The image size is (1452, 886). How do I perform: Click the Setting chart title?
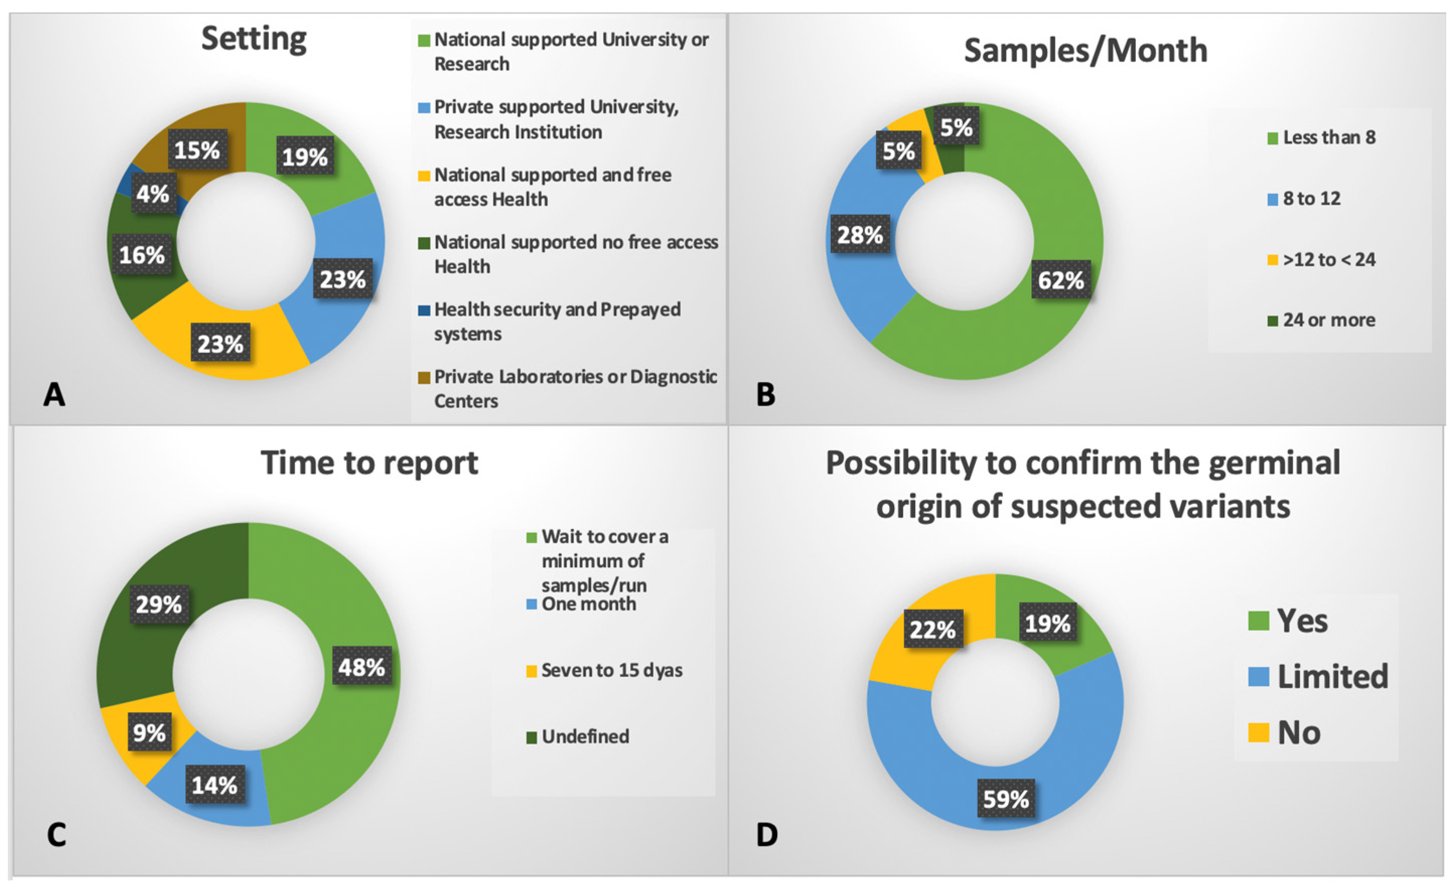click(254, 39)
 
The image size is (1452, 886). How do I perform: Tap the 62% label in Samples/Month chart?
click(1060, 280)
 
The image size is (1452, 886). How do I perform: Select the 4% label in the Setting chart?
click(153, 193)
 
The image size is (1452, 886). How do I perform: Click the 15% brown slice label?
click(197, 150)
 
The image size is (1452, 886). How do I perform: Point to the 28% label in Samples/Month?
click(860, 235)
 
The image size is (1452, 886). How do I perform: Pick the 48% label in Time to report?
click(361, 667)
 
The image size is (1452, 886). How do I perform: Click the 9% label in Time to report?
click(149, 733)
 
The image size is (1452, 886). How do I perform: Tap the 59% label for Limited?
click(1005, 799)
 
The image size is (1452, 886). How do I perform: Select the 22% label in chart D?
click(932, 629)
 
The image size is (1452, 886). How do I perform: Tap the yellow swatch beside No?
click(1258, 733)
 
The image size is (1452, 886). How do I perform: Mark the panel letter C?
click(56, 834)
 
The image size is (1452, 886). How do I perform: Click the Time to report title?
click(369, 463)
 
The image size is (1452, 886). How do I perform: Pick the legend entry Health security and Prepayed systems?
click(557, 321)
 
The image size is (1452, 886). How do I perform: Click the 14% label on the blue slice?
click(214, 785)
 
